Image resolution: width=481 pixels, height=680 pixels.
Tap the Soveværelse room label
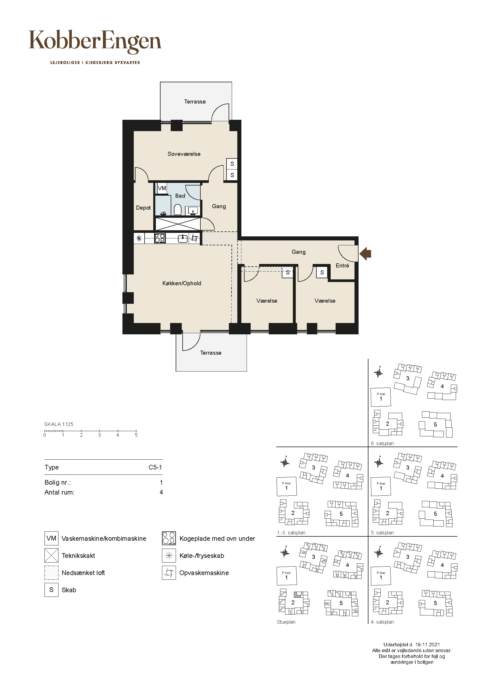pos(184,154)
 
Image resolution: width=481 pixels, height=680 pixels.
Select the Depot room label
pos(143,208)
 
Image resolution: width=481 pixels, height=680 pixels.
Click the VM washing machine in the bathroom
pos(162,188)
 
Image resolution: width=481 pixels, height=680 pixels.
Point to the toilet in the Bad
pos(178,210)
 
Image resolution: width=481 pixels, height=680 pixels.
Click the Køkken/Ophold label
pos(182,283)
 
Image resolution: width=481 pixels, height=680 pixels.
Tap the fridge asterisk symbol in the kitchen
pos(139,238)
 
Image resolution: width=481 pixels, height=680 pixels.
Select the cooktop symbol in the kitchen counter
pos(160,238)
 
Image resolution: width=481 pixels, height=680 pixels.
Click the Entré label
pos(342,266)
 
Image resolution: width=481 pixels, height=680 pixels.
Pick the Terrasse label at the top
pos(195,101)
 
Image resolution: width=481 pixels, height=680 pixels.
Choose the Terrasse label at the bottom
pos(211,353)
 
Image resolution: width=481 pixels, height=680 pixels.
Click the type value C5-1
pos(155,467)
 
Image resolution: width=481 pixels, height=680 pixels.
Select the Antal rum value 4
pos(161,492)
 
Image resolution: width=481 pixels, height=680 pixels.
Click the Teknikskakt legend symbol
pos(51,556)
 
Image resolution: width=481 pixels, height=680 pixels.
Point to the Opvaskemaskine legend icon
pos(169,573)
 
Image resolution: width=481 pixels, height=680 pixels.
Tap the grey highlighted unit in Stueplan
pos(297,595)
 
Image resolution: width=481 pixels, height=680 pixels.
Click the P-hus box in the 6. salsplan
pos(381,397)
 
